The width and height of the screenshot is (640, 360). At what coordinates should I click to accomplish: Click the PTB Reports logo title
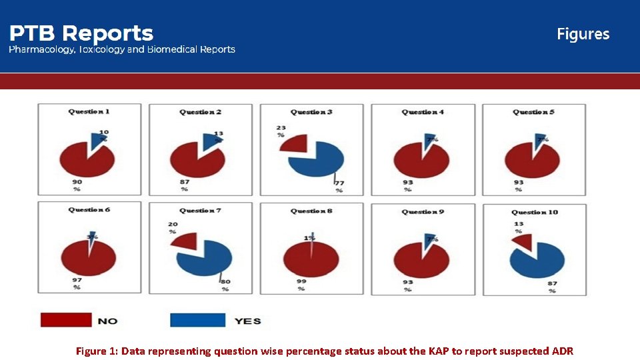(x=81, y=33)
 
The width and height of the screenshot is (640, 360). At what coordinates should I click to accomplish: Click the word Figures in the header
(x=583, y=34)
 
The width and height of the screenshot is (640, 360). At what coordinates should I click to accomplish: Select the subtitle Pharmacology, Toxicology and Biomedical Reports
(x=121, y=49)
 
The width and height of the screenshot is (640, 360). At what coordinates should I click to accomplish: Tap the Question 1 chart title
(x=89, y=111)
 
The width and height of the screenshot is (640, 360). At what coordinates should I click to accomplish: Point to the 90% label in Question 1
(x=77, y=185)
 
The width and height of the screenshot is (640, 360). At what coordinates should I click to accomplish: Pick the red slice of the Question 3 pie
(x=294, y=143)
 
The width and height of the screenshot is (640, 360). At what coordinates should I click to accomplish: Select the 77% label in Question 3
(x=339, y=186)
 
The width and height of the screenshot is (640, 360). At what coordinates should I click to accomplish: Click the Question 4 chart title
(x=423, y=112)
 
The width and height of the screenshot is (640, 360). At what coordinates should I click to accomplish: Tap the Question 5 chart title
(x=534, y=112)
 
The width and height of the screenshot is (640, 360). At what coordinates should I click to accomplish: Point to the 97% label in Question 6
(x=77, y=283)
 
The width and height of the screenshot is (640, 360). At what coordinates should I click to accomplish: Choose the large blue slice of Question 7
(x=205, y=259)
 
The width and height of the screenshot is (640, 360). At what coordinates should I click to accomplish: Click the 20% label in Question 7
(x=173, y=228)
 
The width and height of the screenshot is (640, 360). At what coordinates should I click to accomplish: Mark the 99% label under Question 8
(x=301, y=285)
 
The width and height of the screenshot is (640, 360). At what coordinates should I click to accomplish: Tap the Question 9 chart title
(x=423, y=211)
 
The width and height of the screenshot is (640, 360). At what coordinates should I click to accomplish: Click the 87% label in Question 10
(x=551, y=286)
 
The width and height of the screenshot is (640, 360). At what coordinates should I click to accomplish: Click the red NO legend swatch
(x=65, y=320)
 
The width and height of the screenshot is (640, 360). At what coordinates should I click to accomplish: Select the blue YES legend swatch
(x=197, y=320)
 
